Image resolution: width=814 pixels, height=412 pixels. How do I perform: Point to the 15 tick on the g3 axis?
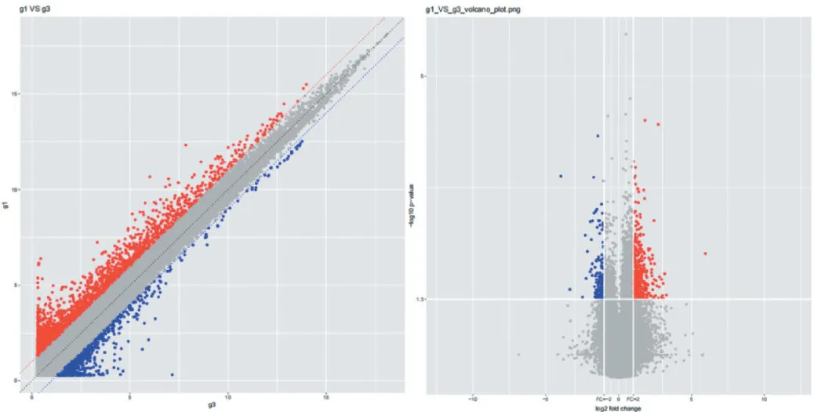(325, 396)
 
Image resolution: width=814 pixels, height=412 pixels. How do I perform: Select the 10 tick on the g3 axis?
(227, 396)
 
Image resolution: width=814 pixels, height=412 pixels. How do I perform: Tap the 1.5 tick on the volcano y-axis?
(421, 299)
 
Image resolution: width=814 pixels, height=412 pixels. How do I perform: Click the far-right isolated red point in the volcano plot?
(705, 253)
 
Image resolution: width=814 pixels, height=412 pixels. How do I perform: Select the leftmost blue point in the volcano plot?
(561, 176)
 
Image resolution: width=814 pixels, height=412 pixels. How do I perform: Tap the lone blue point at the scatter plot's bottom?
(173, 374)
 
